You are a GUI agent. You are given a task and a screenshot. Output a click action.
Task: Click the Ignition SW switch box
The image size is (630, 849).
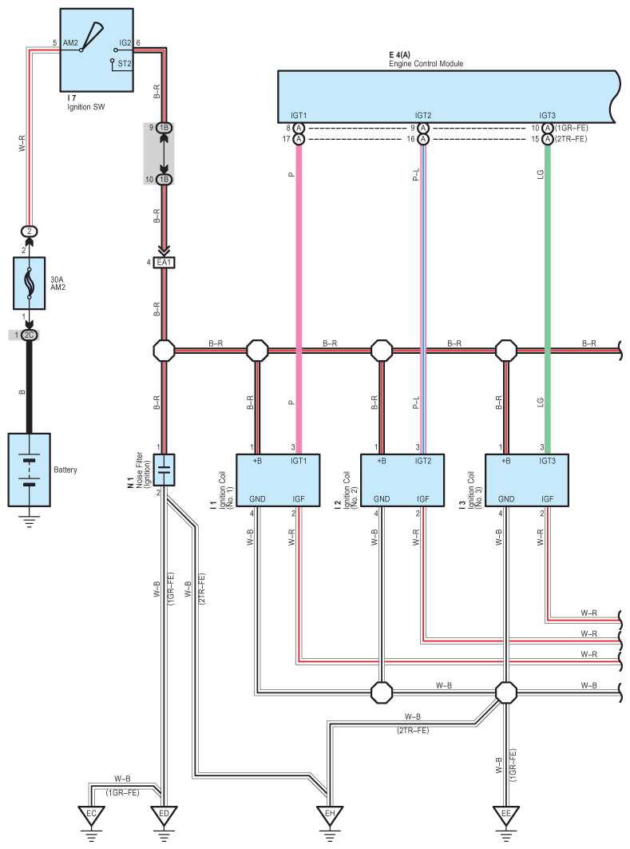pos(97,50)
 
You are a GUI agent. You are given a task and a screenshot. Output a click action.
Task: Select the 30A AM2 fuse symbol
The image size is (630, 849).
pos(30,284)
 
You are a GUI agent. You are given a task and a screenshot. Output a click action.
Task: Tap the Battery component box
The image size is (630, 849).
pos(30,470)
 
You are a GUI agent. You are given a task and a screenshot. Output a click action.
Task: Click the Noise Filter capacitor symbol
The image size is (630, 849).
pos(164,470)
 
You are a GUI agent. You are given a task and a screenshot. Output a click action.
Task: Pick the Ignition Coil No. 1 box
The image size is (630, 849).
pos(278,480)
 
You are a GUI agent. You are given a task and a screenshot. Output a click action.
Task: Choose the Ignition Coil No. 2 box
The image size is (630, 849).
pos(402,480)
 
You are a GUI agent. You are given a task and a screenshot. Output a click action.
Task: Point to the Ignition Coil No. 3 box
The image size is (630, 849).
pos(527,480)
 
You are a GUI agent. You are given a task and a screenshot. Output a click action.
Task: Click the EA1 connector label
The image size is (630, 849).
pos(164,263)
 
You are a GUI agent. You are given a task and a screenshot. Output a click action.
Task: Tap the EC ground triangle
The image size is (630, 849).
pos(91,815)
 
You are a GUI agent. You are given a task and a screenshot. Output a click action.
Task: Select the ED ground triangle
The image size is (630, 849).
pos(164,815)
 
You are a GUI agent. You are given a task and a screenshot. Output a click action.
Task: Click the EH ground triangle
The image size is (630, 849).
pos(330,815)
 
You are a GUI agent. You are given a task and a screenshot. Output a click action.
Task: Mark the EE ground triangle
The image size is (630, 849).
pos(506,815)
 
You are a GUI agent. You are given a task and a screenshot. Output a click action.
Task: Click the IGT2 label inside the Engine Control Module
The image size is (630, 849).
pos(423,115)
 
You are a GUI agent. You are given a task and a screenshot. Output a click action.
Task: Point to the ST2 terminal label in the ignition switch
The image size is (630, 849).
pos(125,63)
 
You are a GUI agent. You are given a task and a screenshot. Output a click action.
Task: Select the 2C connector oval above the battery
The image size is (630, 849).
pos(30,335)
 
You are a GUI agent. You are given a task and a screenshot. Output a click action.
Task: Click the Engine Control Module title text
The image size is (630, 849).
pos(426,63)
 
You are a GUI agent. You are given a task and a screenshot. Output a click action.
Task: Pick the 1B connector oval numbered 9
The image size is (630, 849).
pos(164,128)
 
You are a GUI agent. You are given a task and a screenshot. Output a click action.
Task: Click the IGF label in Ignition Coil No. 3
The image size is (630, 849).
pos(547,498)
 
